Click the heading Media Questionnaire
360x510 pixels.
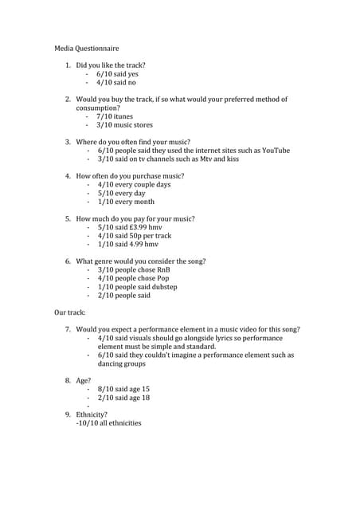point(86,49)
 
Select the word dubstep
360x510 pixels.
point(162,287)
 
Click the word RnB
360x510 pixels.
point(173,269)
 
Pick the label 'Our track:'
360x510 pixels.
point(69,312)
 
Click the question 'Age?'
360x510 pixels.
point(84,380)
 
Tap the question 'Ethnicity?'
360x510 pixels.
point(92,414)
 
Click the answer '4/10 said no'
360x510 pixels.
point(116,82)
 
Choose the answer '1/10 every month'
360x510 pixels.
point(126,202)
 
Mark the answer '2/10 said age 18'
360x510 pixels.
point(123,397)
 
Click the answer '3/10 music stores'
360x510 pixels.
point(124,125)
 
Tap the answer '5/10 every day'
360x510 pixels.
point(121,193)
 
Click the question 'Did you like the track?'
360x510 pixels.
point(111,65)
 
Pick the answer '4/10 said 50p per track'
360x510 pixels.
point(134,236)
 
